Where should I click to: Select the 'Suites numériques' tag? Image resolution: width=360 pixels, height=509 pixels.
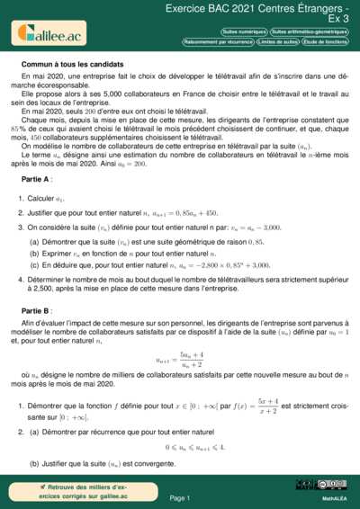(243, 31)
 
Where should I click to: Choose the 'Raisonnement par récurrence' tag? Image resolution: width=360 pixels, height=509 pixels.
(218, 41)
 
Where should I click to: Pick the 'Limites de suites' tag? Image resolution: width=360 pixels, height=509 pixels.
(277, 41)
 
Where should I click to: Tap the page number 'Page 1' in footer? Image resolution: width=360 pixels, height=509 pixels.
(179, 497)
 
